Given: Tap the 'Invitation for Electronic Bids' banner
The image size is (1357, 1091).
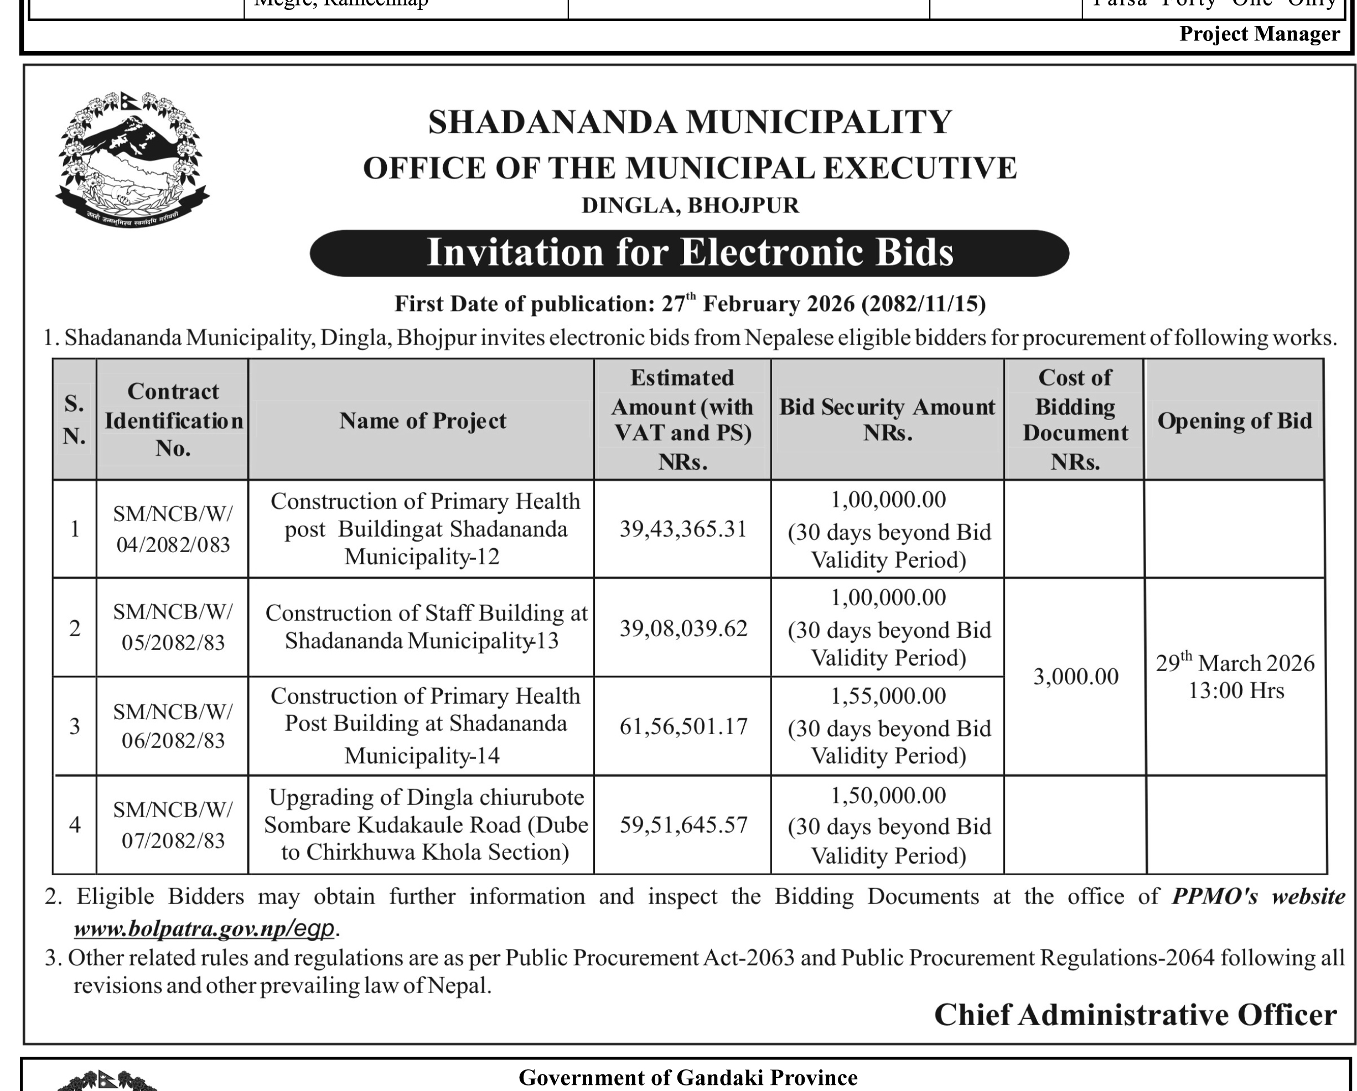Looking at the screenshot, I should click(x=689, y=253).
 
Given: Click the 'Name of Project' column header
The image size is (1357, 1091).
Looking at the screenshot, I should click(x=422, y=420).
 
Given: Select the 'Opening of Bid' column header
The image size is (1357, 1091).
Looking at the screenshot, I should click(x=1234, y=420).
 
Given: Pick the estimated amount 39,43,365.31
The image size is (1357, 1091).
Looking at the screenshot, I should click(x=683, y=529).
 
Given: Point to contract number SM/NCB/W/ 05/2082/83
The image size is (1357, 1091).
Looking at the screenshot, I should click(x=173, y=627).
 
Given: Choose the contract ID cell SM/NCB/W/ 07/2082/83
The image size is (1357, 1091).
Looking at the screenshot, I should click(x=173, y=825).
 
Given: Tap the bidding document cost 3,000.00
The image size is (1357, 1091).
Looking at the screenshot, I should click(x=1076, y=677).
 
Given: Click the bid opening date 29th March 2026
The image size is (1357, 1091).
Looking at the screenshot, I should click(x=1235, y=663).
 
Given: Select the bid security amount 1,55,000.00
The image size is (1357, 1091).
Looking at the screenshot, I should click(x=888, y=697).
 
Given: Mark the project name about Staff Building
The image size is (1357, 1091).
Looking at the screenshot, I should click(x=425, y=627).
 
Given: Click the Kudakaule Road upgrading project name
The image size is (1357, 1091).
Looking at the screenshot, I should click(x=425, y=825).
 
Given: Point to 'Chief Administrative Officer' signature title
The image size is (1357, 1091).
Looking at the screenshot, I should click(x=1135, y=1014).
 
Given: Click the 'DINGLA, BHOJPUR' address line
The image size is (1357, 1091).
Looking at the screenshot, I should click(x=690, y=206).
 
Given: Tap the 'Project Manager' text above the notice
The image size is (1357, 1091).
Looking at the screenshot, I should click(x=1259, y=34).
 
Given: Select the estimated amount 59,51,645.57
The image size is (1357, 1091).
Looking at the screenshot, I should click(x=683, y=825).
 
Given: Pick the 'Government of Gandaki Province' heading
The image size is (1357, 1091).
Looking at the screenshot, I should click(x=687, y=1078).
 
